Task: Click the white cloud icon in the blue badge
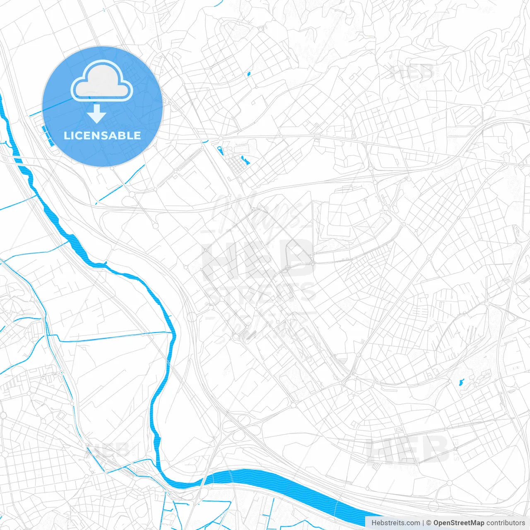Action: point(102,81)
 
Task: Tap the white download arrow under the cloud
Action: point(97,114)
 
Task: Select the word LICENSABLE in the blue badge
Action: point(102,135)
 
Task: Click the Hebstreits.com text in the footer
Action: point(395,523)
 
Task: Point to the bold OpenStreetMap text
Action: point(458,523)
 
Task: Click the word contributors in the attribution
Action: point(506,523)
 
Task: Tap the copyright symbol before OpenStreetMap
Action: point(429,523)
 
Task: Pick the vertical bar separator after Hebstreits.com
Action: point(423,523)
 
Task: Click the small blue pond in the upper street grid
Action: point(248,75)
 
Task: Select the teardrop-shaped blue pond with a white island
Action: point(220,150)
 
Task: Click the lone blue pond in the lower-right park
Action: point(462,382)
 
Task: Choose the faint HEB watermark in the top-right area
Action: point(412,73)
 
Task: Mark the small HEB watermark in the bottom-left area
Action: point(110,449)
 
